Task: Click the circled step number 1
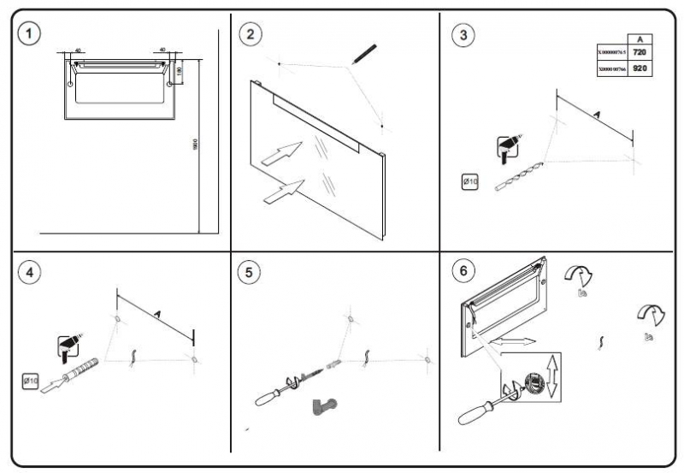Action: pos(32,34)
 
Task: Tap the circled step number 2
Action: pos(250,34)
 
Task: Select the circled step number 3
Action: pos(463,34)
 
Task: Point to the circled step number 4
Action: pos(32,274)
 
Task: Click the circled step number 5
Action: pos(250,274)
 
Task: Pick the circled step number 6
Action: pos(463,272)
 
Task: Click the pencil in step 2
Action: pos(363,53)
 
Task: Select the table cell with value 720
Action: pos(640,53)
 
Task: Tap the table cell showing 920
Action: pos(640,68)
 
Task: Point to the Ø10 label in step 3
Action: pos(470,181)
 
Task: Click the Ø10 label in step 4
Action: pos(31,379)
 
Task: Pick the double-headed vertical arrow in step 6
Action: pos(552,377)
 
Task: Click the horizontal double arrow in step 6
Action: pos(513,341)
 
